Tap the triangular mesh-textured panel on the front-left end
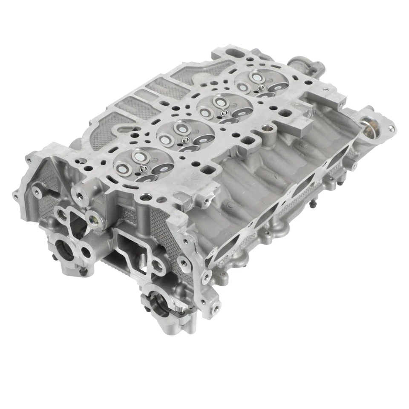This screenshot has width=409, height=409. click(46, 200)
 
